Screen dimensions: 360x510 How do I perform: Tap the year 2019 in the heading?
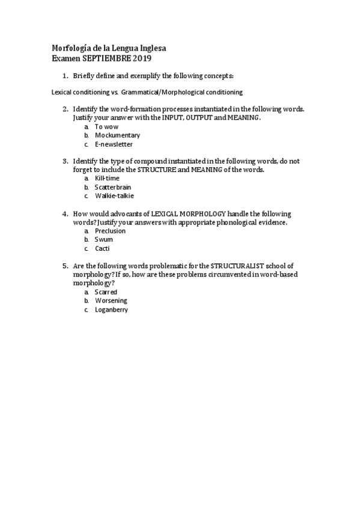pyautogui.click(x=141, y=58)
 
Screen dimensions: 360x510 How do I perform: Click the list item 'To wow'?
pyautogui.click(x=106, y=127)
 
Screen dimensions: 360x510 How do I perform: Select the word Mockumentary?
pyautogui.click(x=117, y=135)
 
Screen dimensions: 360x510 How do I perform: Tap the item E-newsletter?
pyautogui.click(x=114, y=144)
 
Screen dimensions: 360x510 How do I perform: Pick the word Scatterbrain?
pyautogui.click(x=112, y=187)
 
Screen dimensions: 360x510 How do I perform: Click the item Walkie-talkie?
pyautogui.click(x=114, y=196)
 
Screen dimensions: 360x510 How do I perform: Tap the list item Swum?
pyautogui.click(x=103, y=239)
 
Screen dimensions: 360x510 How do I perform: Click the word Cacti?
pyautogui.click(x=102, y=248)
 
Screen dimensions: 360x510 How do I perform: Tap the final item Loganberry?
pyautogui.click(x=111, y=310)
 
